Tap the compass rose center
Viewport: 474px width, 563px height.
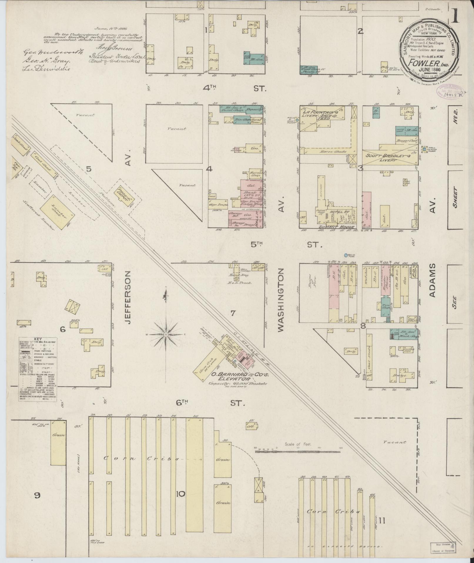[166, 335]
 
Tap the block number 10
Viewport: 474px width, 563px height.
[180, 494]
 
